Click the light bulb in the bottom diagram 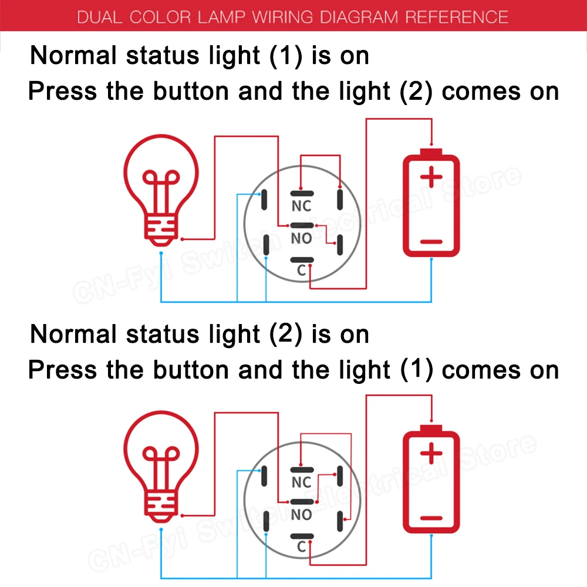(x=161, y=464)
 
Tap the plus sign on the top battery (x=431, y=177)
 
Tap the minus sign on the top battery (x=431, y=241)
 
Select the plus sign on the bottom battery (x=431, y=453)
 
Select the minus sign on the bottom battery (x=431, y=518)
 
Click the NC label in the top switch (x=301, y=206)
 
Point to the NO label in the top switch (x=301, y=238)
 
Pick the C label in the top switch (x=301, y=271)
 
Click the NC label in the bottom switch (x=301, y=483)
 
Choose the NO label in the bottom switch (x=301, y=515)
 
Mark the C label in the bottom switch (x=301, y=547)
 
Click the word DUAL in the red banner (x=98, y=16)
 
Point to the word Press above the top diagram (x=63, y=92)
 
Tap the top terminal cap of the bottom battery (x=431, y=429)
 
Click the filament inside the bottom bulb (x=161, y=464)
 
